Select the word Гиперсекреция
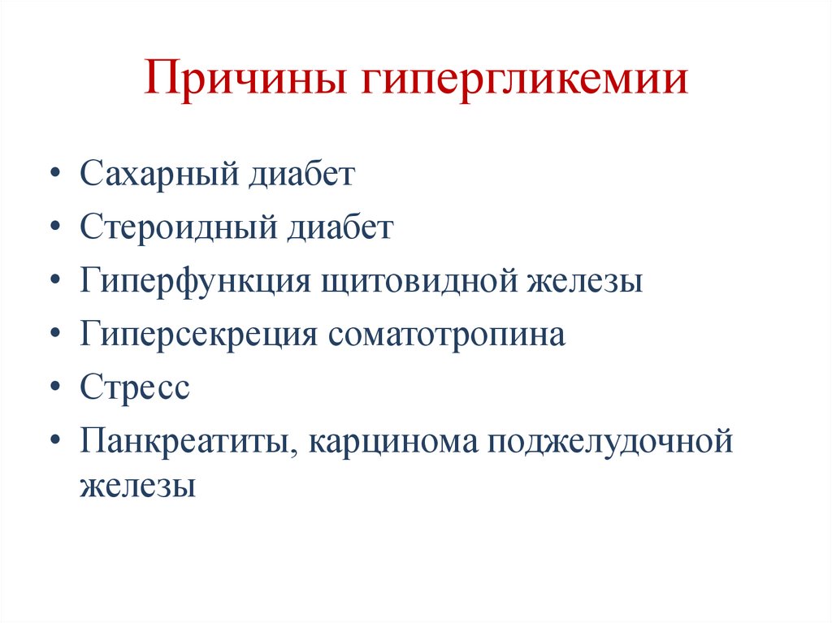198,335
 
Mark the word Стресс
135,387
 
